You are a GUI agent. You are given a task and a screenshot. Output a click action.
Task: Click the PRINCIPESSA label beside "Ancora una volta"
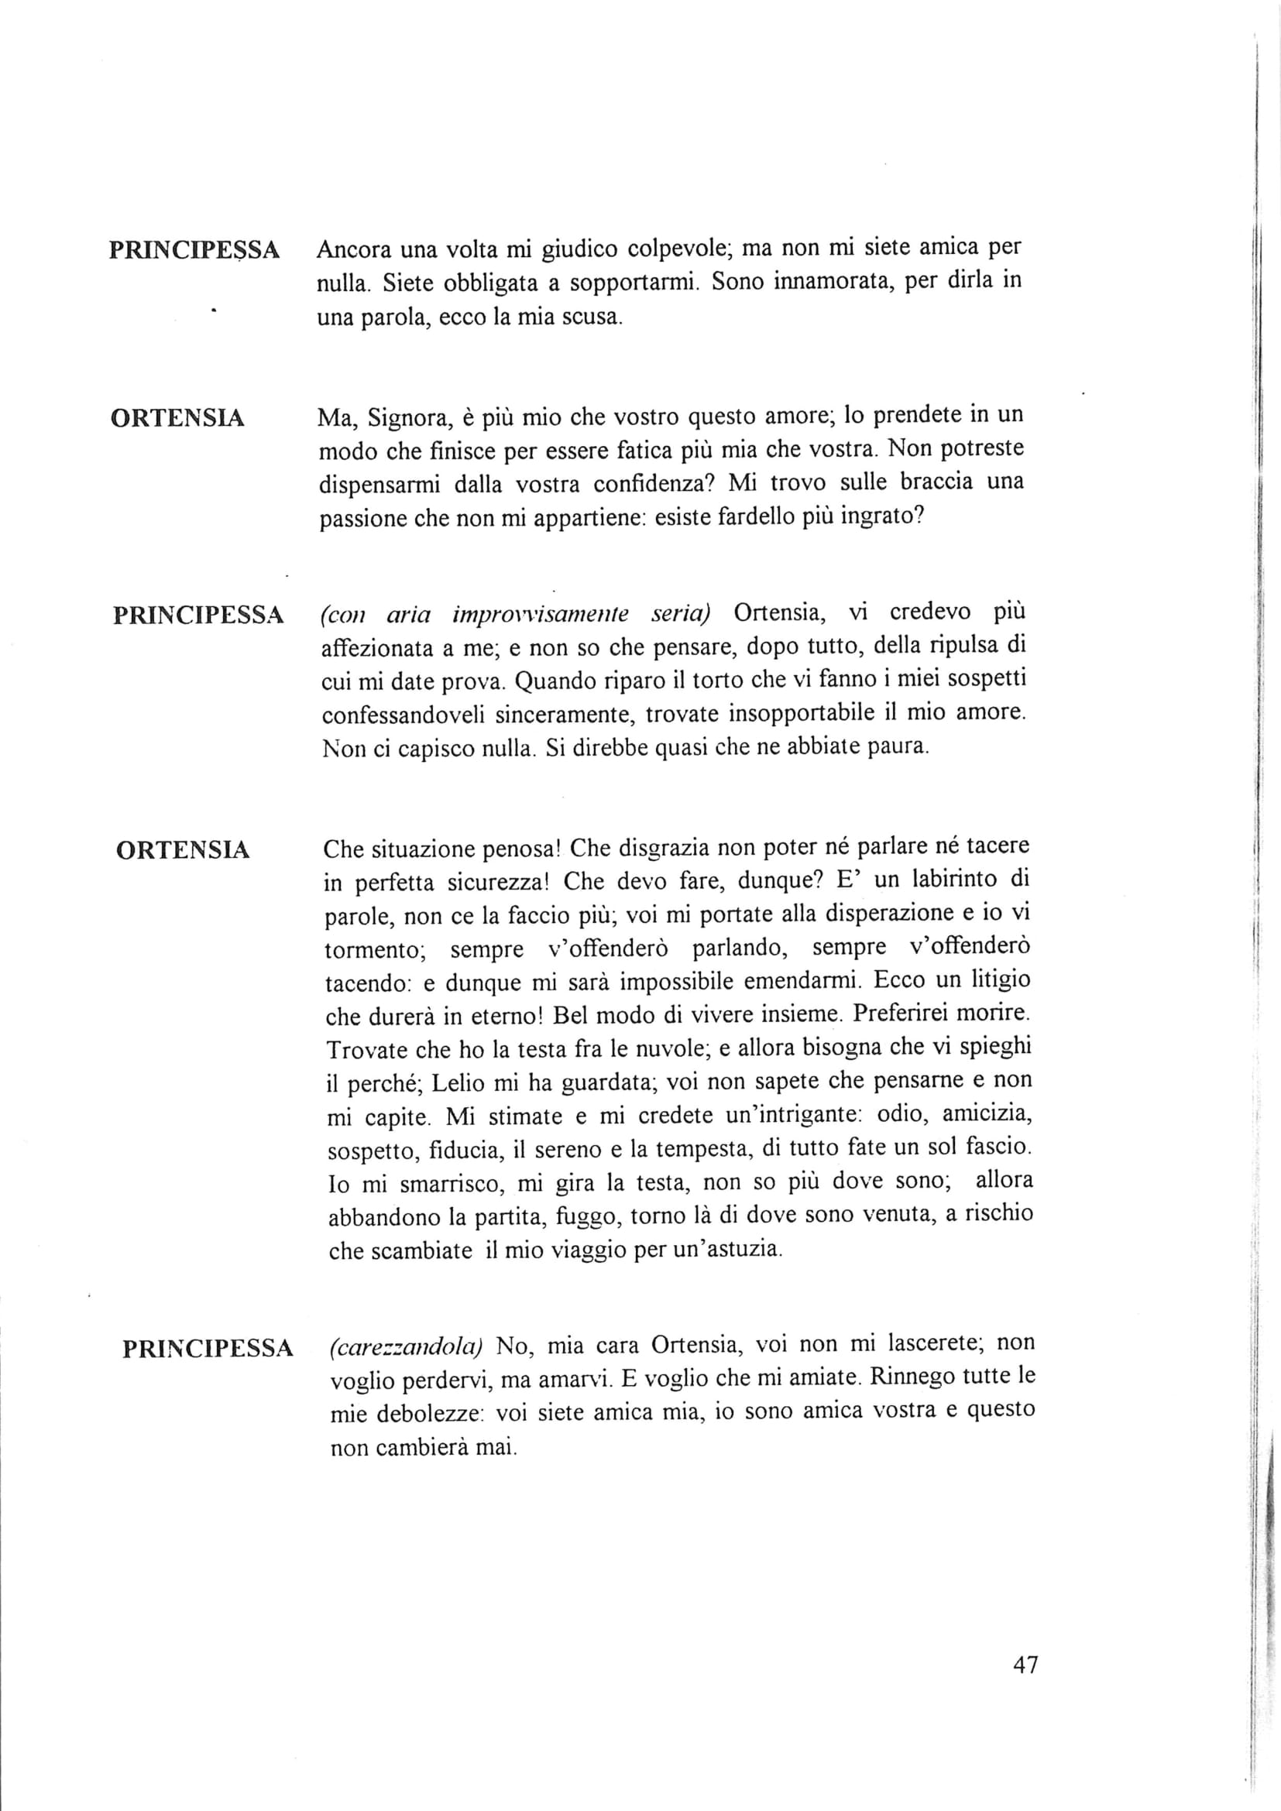[194, 250]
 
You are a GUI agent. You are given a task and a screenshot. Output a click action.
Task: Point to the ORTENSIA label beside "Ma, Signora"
[177, 417]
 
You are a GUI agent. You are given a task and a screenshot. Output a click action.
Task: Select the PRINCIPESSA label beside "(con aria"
[198, 616]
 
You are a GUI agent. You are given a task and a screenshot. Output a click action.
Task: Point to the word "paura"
[898, 746]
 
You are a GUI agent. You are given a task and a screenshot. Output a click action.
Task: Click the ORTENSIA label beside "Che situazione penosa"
[183, 850]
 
